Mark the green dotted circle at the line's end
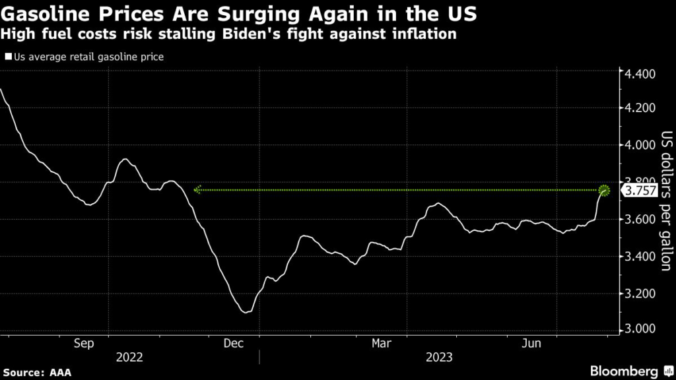(605, 191)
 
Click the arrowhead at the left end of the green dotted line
(197, 190)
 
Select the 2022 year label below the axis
(129, 358)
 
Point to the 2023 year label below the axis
(438, 358)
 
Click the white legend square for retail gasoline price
(8, 57)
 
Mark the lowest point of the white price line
(246, 312)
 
